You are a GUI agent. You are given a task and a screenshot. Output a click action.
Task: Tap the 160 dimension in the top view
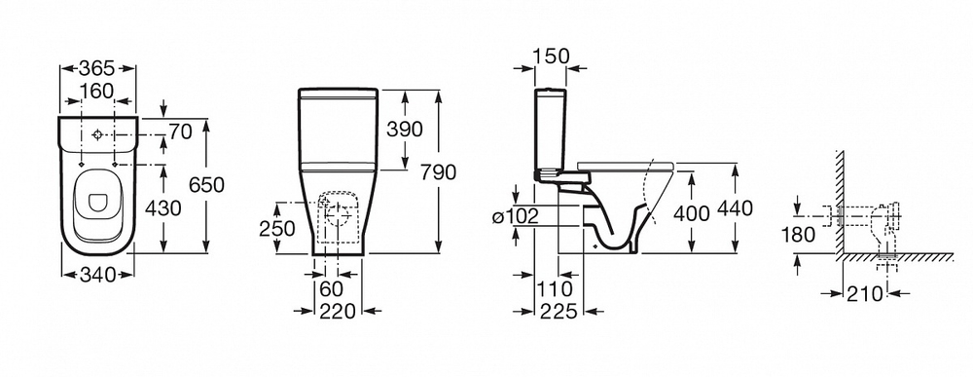97,91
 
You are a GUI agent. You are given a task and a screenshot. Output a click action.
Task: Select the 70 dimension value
181,132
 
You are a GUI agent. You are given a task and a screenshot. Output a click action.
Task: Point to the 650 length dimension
205,185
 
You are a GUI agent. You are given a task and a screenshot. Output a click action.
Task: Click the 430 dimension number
162,208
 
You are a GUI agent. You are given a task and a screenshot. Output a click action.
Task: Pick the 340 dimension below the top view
98,274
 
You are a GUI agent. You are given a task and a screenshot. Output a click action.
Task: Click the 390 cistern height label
405,130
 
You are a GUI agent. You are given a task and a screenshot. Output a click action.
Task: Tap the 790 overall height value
438,172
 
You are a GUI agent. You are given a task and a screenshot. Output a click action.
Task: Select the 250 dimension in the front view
276,229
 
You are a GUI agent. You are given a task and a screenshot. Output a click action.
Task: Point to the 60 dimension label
330,289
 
